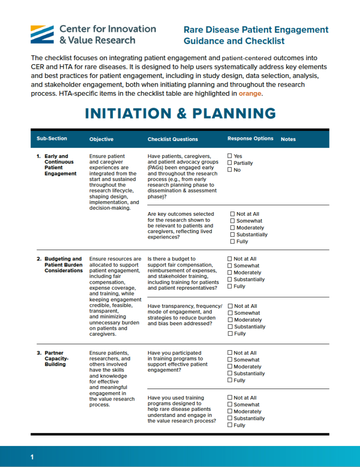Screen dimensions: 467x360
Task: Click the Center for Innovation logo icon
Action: click(x=43, y=35)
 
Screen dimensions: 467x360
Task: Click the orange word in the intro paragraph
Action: click(x=250, y=93)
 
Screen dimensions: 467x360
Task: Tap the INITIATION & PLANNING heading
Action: click(x=180, y=114)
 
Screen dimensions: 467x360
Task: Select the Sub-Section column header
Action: click(x=51, y=139)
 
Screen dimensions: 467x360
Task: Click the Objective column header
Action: click(x=101, y=139)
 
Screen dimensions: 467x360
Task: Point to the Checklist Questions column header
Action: click(x=173, y=139)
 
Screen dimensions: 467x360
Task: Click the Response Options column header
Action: click(x=250, y=139)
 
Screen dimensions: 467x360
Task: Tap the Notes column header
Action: click(x=288, y=139)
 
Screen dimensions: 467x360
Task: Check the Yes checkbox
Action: click(x=230, y=156)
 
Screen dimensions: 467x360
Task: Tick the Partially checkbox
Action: click(x=230, y=163)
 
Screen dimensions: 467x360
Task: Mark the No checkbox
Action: click(x=230, y=170)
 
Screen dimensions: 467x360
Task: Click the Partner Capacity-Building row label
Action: click(x=56, y=358)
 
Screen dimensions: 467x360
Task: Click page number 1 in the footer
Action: click(x=32, y=457)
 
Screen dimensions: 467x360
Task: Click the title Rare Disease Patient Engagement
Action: click(x=256, y=30)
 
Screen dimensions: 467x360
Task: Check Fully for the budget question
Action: click(x=230, y=286)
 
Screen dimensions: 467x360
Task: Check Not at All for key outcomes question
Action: click(x=233, y=214)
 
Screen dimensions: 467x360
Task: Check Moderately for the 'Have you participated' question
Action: click(x=230, y=367)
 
